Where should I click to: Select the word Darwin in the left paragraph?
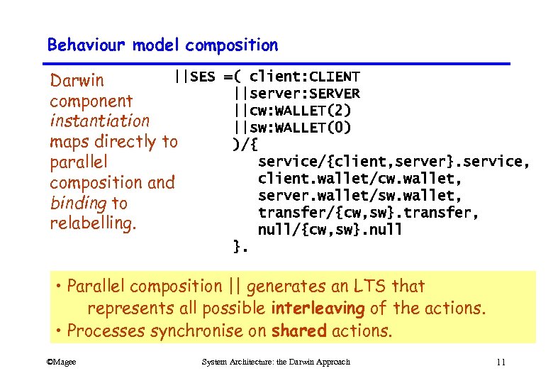coord(77,81)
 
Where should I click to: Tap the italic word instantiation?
coord(99,121)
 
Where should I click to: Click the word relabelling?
coord(93,223)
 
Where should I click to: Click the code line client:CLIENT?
coord(305,77)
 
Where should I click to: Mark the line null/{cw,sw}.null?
coord(330,229)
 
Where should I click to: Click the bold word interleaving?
coord(318,309)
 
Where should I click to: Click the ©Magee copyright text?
coord(61,362)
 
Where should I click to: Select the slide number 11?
coord(501,362)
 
